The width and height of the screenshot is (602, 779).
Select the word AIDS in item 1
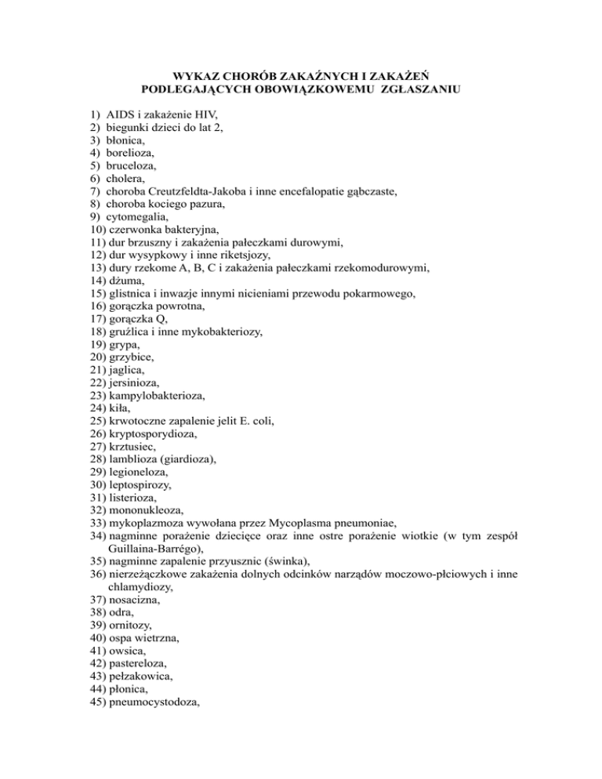coord(121,115)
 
